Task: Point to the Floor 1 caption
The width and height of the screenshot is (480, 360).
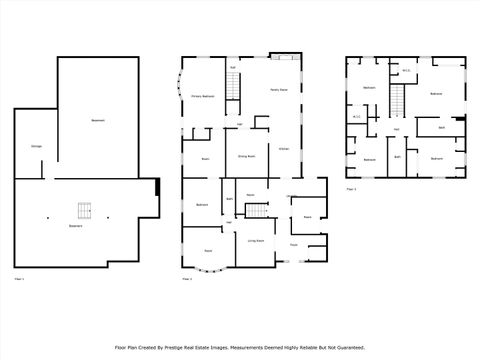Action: [x=18, y=278]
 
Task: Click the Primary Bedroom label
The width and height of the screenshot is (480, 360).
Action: [x=203, y=96]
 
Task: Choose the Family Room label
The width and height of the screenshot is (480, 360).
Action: [x=279, y=90]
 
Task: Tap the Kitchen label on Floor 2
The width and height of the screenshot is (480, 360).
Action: [x=283, y=148]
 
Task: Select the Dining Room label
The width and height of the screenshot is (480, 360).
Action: [x=245, y=157]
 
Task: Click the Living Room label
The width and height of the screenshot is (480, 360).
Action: [x=255, y=240]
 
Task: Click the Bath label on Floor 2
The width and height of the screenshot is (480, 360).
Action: [x=229, y=199]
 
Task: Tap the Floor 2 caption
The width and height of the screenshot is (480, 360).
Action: [x=187, y=278]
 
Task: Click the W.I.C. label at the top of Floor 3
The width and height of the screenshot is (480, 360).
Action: [x=406, y=70]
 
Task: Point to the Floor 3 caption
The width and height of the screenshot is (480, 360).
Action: [x=351, y=187]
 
